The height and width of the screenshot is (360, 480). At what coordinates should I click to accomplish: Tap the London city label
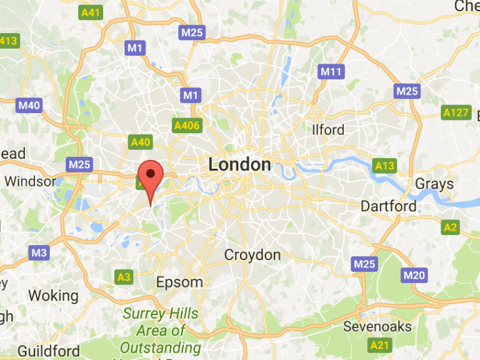click(240, 164)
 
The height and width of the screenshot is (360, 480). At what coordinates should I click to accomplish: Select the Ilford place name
click(328, 130)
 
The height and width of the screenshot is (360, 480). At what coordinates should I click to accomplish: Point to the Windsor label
click(30, 182)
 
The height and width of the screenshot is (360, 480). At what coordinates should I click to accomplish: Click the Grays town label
click(434, 184)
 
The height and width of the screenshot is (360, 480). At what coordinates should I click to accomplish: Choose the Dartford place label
click(388, 206)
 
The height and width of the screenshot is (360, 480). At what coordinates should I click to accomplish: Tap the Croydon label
click(252, 255)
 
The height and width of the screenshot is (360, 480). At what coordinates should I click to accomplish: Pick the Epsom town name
click(179, 282)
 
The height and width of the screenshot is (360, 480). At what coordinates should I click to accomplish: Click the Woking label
click(53, 296)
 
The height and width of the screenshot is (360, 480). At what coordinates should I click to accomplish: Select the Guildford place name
click(49, 350)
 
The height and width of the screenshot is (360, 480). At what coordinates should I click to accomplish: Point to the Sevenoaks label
click(377, 327)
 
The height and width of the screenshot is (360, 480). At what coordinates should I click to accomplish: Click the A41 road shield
click(92, 12)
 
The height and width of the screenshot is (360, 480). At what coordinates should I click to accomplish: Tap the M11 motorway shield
click(332, 71)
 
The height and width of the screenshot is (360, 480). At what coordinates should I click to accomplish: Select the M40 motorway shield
click(29, 105)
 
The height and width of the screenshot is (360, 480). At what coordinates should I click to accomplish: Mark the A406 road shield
click(187, 126)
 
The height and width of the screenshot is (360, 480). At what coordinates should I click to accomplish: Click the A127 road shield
click(456, 112)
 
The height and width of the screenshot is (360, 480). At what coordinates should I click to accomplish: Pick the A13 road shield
click(384, 166)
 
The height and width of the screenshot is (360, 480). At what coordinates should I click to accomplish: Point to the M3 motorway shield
click(39, 252)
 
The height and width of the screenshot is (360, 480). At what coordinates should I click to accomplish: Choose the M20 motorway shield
click(414, 275)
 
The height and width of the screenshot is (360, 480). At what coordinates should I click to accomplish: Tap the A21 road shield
click(379, 345)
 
